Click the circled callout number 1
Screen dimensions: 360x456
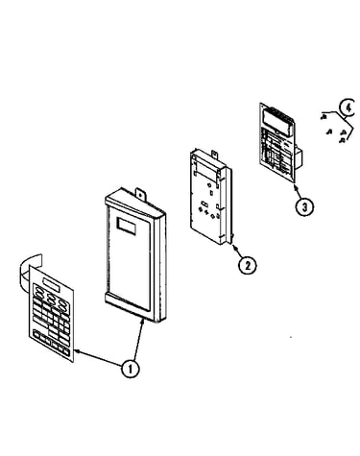(x=130, y=369)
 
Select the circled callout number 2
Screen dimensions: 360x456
(x=247, y=265)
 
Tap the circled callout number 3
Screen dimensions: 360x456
(x=304, y=206)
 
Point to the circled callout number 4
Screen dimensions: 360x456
(x=348, y=108)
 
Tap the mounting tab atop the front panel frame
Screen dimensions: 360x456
(x=140, y=194)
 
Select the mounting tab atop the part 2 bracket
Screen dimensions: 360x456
(x=214, y=155)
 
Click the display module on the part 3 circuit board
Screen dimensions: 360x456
(x=277, y=121)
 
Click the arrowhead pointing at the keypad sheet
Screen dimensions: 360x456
(x=78, y=351)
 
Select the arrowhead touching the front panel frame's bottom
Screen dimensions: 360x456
(x=142, y=321)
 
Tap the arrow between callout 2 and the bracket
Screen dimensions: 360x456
(x=237, y=252)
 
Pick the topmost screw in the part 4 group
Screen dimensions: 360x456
(x=324, y=117)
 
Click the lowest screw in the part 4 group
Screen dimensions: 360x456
(x=342, y=140)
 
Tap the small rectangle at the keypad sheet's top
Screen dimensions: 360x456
(x=50, y=284)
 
